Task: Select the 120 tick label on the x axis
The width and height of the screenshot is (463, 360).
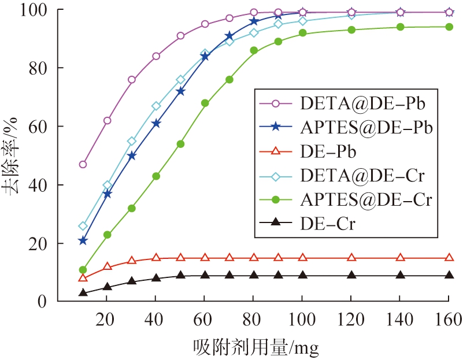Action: click(351, 319)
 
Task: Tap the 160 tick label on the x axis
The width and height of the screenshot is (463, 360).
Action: click(449, 319)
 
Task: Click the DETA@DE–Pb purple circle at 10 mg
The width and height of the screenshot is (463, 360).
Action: click(83, 164)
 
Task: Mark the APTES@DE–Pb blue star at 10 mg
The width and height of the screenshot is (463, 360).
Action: click(83, 240)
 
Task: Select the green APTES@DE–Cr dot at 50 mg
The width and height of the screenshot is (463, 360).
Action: click(180, 144)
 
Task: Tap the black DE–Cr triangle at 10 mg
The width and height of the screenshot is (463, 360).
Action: click(83, 293)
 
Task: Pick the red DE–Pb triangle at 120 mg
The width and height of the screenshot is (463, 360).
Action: click(351, 258)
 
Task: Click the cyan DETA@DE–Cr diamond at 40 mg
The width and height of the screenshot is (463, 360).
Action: click(156, 106)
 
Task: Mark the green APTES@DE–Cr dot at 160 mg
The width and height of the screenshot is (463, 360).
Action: click(449, 27)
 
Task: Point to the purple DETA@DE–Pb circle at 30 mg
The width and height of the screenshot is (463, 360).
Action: click(132, 80)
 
